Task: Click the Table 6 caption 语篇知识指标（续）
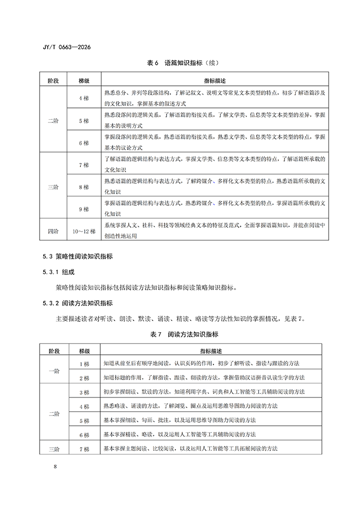(x=180, y=63)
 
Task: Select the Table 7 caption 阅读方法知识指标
(x=180, y=334)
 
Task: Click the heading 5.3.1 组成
(x=60, y=271)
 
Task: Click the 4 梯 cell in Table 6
(x=84, y=98)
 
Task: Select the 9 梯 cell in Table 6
(x=84, y=209)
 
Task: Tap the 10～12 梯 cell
(x=84, y=231)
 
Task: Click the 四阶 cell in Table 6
(x=53, y=231)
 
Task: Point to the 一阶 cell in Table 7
(x=53, y=371)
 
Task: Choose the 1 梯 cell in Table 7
(x=84, y=363)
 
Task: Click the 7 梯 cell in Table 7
(x=84, y=449)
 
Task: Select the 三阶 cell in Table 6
(x=53, y=187)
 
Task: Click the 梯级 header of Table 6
(x=84, y=81)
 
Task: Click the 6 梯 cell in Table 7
(x=84, y=435)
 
